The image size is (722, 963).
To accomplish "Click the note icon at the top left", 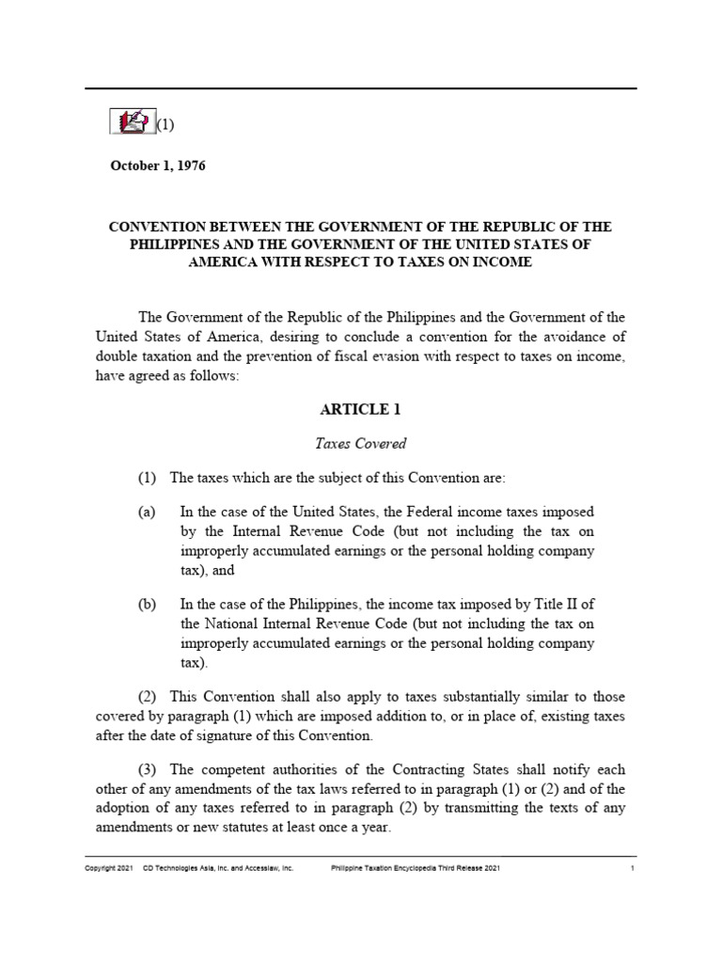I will pyautogui.click(x=132, y=121).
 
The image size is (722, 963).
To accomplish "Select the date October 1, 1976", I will pyautogui.click(x=157, y=166).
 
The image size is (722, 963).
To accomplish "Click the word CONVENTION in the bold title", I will pyautogui.click(x=161, y=228).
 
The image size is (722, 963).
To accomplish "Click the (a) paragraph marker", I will pyautogui.click(x=147, y=511).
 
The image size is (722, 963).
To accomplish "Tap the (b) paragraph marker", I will pyautogui.click(x=147, y=604).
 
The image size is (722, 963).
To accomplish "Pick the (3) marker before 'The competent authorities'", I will pyautogui.click(x=149, y=769).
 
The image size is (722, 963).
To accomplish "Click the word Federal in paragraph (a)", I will pyautogui.click(x=427, y=511).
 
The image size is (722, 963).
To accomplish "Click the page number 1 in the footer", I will pyautogui.click(x=633, y=869).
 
